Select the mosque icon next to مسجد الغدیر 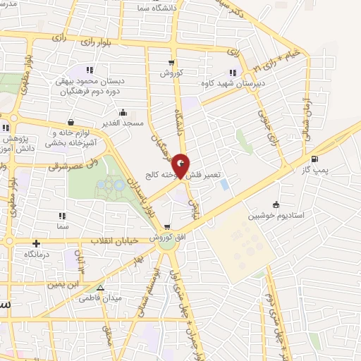tap(123, 111)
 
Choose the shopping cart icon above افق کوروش tap(167, 227)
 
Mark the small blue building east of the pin tap(224, 185)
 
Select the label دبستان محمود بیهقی tap(90, 81)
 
